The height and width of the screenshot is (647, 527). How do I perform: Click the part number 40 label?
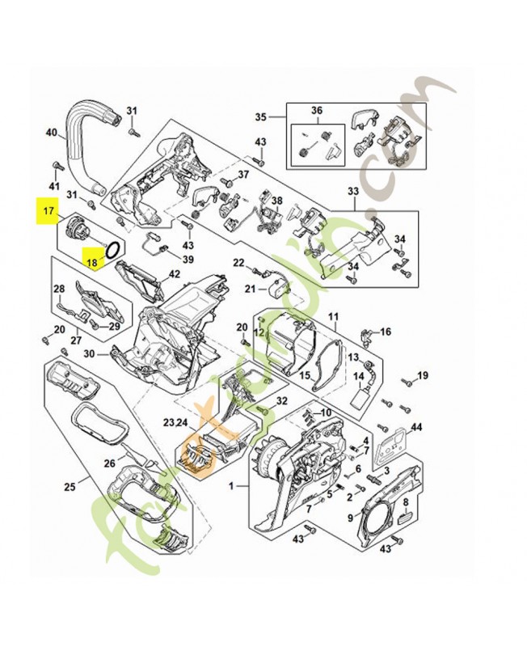51,133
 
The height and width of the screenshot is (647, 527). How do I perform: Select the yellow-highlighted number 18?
94,261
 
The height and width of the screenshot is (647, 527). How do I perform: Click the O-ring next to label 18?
114,247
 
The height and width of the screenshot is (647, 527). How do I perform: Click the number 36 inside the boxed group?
316,110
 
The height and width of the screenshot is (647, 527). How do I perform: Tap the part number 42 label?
175,274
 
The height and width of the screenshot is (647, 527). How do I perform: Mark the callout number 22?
238,263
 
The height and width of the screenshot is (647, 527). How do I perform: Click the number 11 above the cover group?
333,316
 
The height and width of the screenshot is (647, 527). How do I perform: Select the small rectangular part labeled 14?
361,400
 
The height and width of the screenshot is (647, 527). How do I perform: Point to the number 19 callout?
422,375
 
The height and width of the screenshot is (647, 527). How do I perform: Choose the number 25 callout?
70,486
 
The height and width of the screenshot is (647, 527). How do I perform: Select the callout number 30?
89,353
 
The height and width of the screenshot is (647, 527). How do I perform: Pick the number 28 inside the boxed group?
59,289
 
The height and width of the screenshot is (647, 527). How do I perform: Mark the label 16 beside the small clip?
386,332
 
